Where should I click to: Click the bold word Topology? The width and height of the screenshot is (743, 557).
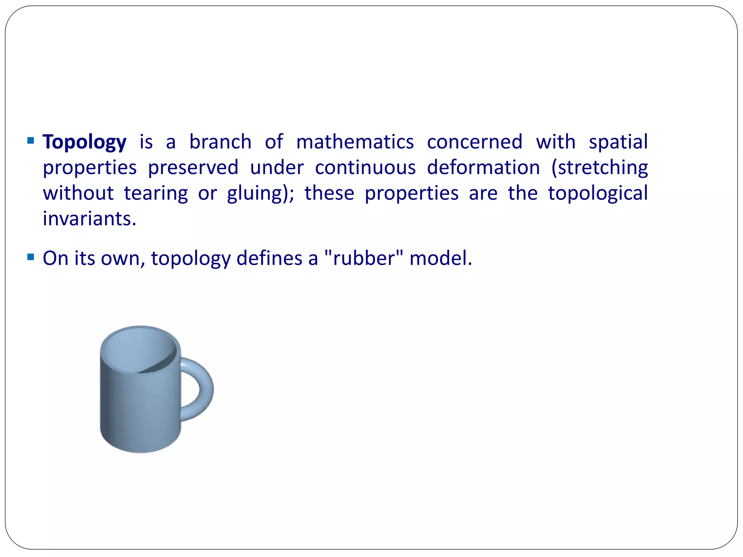point(85,142)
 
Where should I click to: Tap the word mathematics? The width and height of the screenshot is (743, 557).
point(355,142)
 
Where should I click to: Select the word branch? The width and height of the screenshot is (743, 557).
point(220,142)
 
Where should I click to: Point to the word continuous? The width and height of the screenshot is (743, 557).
point(365,168)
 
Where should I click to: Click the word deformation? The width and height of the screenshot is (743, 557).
point(483,168)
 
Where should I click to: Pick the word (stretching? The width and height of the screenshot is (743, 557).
point(599,168)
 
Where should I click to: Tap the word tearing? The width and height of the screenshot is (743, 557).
point(156,194)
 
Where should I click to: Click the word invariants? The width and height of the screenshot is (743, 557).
point(89,219)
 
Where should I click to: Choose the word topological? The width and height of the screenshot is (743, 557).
point(598,194)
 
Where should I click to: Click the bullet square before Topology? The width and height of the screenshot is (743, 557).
point(31,140)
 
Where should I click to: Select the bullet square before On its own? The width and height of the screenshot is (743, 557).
point(31,257)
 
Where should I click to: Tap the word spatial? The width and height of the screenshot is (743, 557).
point(618,143)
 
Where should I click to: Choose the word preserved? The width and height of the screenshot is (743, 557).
point(193,168)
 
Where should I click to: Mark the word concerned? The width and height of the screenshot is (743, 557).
point(475,142)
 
